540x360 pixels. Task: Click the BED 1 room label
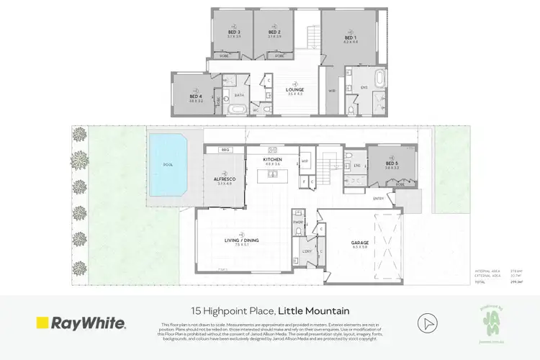coord(350,40)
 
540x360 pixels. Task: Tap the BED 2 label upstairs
coord(273,32)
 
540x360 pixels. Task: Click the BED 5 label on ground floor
coord(391,164)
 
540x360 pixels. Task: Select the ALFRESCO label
coord(224,178)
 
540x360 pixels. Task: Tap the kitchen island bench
coord(274,175)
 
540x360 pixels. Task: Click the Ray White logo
coord(81,323)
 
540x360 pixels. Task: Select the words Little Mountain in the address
coord(316,311)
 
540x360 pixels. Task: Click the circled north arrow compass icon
coord(430,323)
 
